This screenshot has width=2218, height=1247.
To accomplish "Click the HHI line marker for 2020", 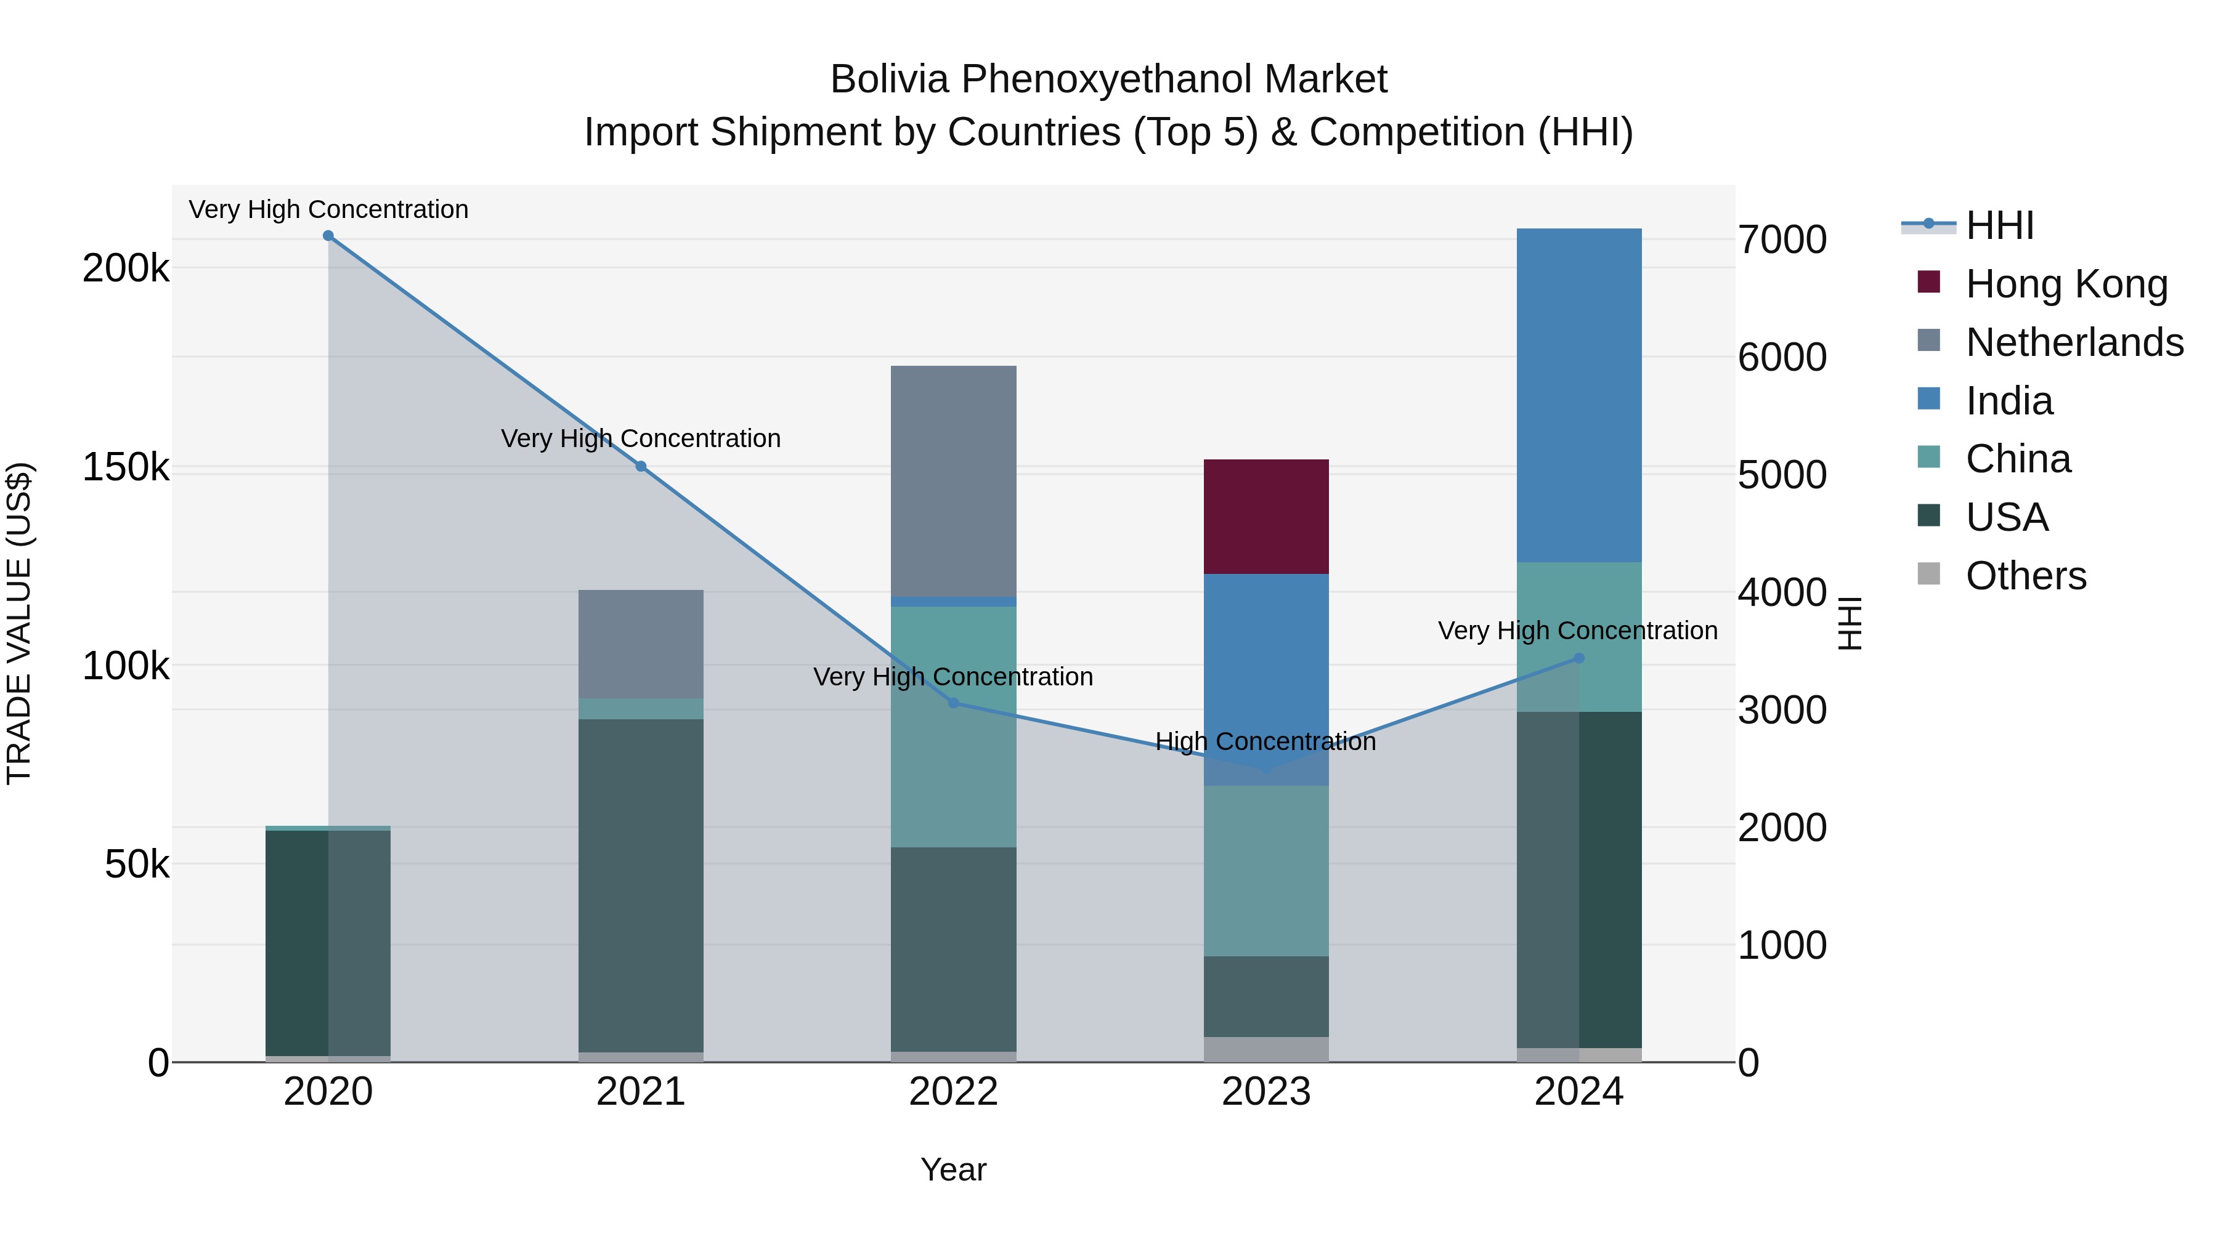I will pyautogui.click(x=328, y=236).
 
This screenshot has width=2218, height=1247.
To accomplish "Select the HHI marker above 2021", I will pyautogui.click(x=641, y=466).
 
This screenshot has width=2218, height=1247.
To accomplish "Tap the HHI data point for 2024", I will pyautogui.click(x=1578, y=658).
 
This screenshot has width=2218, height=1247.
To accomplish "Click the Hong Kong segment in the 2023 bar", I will pyautogui.click(x=1265, y=517).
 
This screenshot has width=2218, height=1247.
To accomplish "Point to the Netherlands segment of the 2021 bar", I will pyautogui.click(x=641, y=644).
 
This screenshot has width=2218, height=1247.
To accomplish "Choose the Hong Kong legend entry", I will pyautogui.click(x=2066, y=284).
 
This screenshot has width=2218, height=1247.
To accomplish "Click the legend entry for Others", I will pyautogui.click(x=2025, y=576).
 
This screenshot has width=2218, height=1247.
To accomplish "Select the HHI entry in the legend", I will pyautogui.click(x=1999, y=225).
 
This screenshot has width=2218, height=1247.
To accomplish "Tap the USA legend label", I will pyautogui.click(x=2006, y=517).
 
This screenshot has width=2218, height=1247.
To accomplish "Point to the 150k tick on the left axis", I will pyautogui.click(x=126, y=467).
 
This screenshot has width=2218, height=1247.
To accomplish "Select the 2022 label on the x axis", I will pyautogui.click(x=953, y=1092).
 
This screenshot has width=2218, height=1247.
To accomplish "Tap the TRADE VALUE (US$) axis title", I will pyautogui.click(x=19, y=623).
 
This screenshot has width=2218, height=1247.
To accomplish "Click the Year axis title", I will pyautogui.click(x=953, y=1169).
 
